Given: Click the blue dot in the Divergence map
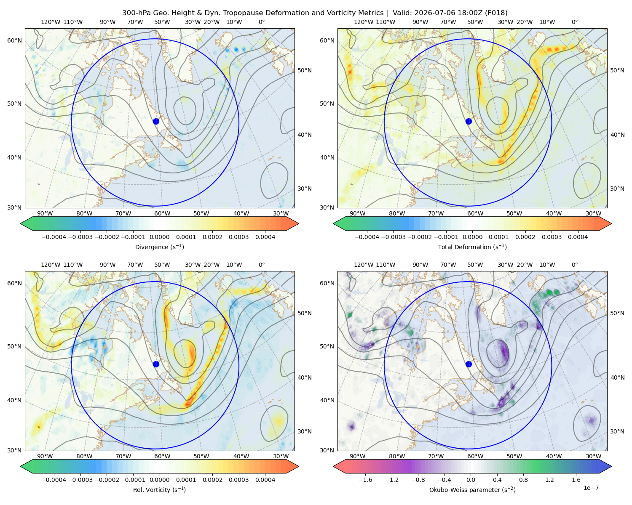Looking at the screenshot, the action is pyautogui.click(x=156, y=121).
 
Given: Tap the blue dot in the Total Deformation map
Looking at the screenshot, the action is pyautogui.click(x=469, y=121).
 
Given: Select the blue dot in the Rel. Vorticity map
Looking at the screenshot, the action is pyautogui.click(x=156, y=364).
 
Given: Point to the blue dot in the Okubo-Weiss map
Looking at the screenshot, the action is pyautogui.click(x=469, y=364).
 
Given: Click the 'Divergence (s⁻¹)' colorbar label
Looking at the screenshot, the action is pyautogui.click(x=159, y=247).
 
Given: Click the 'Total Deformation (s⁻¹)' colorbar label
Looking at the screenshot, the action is pyautogui.click(x=472, y=247).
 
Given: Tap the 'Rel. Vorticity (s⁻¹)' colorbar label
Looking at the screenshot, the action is pyautogui.click(x=159, y=489).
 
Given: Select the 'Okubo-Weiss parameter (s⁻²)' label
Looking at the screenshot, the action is pyautogui.click(x=472, y=489).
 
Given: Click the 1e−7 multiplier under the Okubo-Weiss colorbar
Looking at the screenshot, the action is pyautogui.click(x=591, y=488).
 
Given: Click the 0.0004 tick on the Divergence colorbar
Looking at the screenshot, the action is pyautogui.click(x=265, y=237).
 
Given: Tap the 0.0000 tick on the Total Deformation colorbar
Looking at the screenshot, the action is pyautogui.click(x=472, y=237).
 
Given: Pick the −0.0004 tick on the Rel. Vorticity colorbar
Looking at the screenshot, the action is pyautogui.click(x=54, y=480).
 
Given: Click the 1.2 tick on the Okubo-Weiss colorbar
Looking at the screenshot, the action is pyautogui.click(x=549, y=480).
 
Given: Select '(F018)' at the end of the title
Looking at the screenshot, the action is pyautogui.click(x=496, y=13).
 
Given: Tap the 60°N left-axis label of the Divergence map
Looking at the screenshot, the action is pyautogui.click(x=14, y=40).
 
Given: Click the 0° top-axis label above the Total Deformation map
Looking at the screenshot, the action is pyautogui.click(x=574, y=22).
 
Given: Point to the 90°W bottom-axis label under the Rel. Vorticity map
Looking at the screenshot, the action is pyautogui.click(x=45, y=456).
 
